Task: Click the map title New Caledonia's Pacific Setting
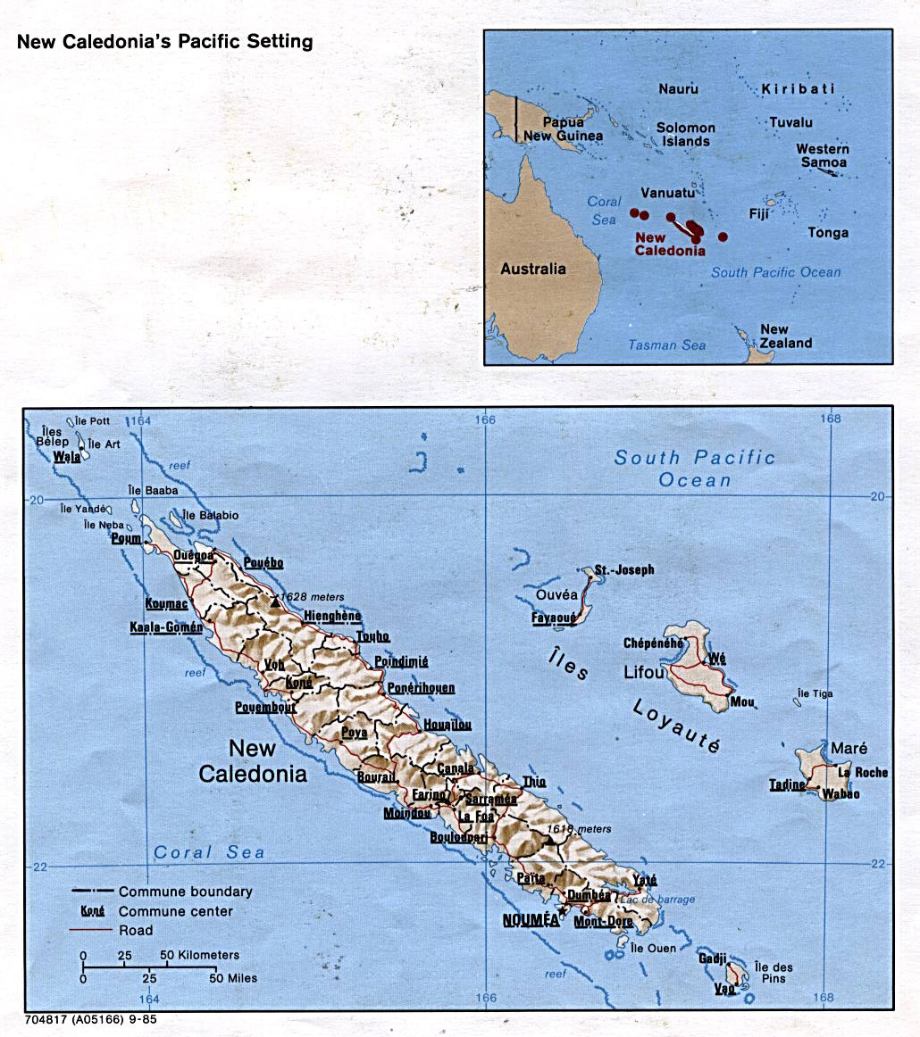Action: click(165, 42)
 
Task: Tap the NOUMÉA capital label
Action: click(527, 918)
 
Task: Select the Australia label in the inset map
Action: click(532, 269)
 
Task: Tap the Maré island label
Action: click(849, 748)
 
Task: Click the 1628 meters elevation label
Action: click(312, 596)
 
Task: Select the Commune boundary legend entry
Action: click(185, 892)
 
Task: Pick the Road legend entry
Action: click(137, 930)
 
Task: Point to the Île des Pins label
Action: click(773, 974)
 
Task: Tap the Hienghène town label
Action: click(332, 616)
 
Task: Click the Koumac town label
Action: click(167, 603)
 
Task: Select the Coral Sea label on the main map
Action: click(209, 852)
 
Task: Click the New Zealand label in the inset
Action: click(786, 336)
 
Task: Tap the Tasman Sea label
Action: click(666, 345)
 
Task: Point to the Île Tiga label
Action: click(815, 693)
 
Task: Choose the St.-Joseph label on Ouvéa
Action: click(624, 569)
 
